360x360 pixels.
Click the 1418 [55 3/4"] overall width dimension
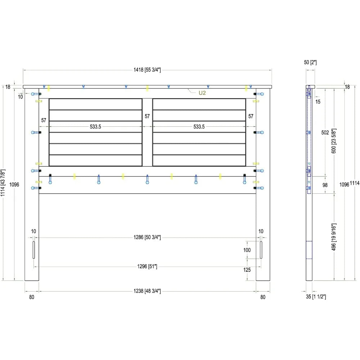[147, 70]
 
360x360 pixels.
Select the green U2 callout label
[202, 93]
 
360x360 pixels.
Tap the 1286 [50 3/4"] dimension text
[147, 237]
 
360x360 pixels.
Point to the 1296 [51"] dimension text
[147, 266]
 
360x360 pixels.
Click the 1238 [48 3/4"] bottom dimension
[147, 291]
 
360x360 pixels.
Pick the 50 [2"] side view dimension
[310, 62]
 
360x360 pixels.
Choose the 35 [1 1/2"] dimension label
[316, 297]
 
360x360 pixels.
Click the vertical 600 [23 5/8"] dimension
[334, 141]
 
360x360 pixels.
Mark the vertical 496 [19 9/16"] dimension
[334, 237]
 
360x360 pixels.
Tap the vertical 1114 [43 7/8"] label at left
[3, 183]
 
